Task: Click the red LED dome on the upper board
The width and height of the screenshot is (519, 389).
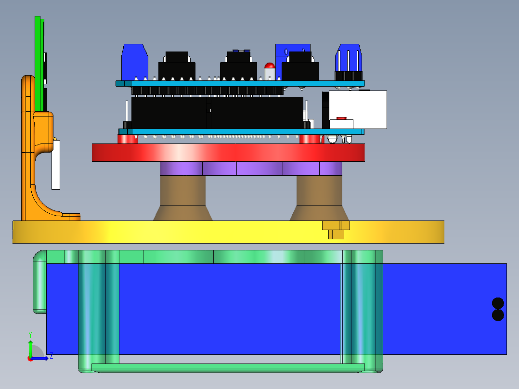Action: (270, 66)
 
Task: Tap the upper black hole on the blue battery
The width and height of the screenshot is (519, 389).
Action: (498, 303)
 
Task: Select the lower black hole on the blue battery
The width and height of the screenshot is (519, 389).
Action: (498, 315)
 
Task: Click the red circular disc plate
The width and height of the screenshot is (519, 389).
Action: (228, 152)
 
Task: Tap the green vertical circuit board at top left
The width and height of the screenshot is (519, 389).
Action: (38, 63)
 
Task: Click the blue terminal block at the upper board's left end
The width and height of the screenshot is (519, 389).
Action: (134, 62)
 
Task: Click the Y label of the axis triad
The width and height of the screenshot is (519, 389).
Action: (30, 334)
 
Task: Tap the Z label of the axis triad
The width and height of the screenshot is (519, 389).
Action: (51, 356)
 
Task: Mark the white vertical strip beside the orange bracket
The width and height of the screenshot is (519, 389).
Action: (56, 165)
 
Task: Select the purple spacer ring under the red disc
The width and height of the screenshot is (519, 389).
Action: (250, 169)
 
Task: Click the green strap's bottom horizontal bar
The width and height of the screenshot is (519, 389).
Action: (228, 368)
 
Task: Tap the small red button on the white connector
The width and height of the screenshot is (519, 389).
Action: (341, 118)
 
